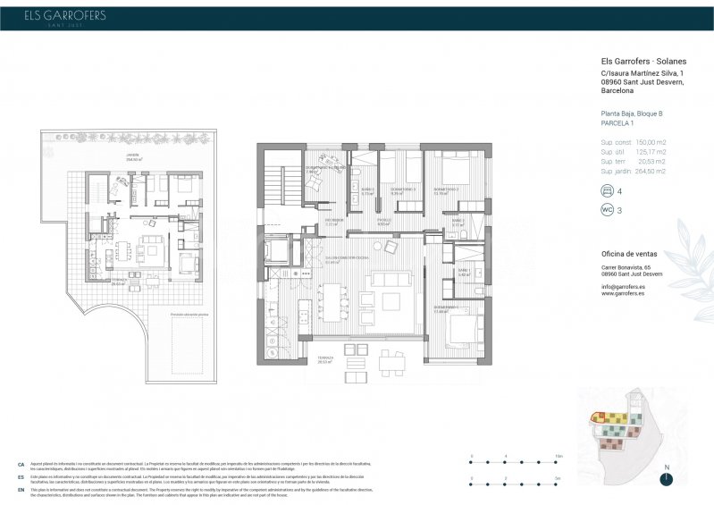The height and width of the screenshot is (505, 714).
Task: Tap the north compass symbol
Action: click(665, 478)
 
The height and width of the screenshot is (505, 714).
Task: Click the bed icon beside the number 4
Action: click(608, 190)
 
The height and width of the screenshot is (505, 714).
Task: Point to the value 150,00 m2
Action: click(651, 142)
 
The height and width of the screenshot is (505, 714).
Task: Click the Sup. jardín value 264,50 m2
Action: click(651, 171)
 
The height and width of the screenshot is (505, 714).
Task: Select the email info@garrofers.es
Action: click(624, 286)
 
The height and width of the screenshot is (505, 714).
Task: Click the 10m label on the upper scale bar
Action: click(559, 456)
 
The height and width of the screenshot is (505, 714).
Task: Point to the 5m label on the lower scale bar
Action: click(559, 478)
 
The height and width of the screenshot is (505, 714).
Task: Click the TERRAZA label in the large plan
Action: click(323, 359)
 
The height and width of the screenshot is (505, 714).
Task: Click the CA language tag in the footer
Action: click(20, 466)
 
